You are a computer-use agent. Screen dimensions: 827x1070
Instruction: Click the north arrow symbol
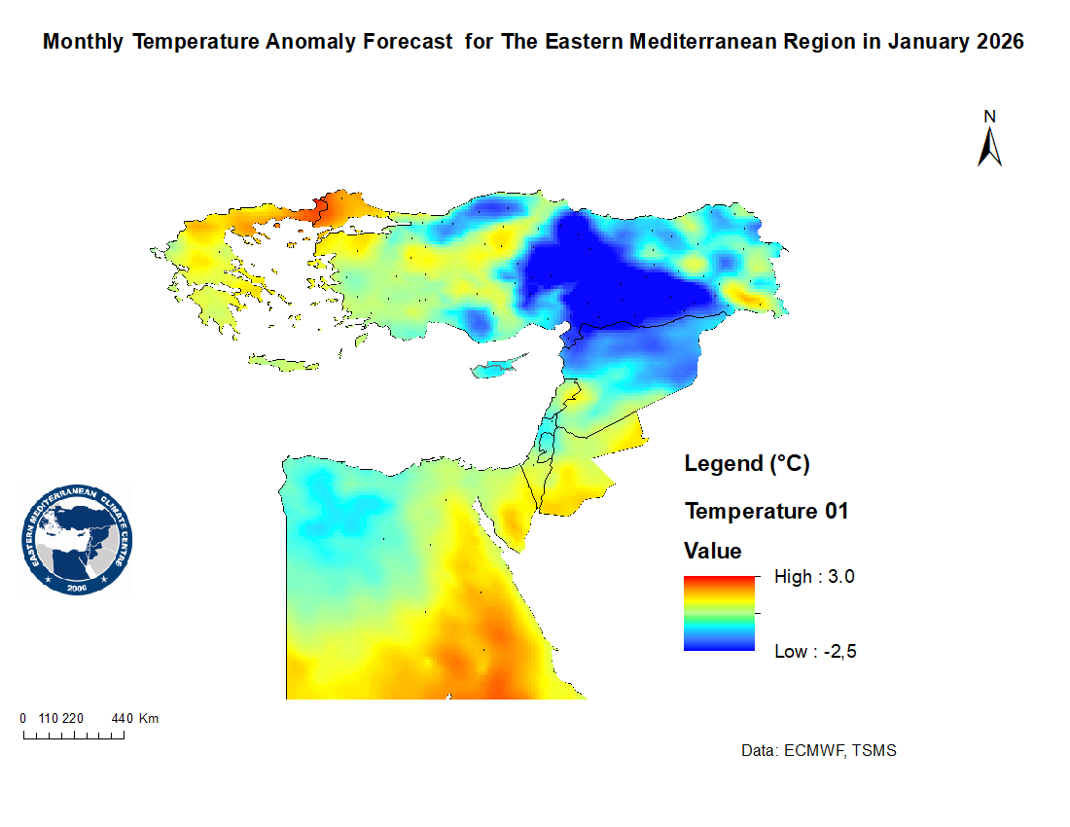(x=990, y=148)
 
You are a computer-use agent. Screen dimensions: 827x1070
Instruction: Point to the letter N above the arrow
(x=990, y=117)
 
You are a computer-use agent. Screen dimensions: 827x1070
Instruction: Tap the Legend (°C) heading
(x=747, y=463)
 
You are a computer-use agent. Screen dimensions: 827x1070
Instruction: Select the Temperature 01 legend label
(x=767, y=511)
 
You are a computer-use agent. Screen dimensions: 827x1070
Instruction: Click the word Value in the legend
(x=713, y=552)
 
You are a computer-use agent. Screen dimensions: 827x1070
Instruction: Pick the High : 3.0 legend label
(x=814, y=577)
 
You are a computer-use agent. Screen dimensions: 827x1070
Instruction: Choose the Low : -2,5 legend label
(x=815, y=651)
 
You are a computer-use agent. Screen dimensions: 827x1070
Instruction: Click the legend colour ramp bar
(x=720, y=613)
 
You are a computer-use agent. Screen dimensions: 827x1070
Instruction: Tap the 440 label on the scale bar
(x=122, y=719)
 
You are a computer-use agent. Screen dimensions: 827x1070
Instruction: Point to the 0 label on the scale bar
(x=23, y=719)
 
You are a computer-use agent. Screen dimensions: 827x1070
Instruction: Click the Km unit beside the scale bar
(x=149, y=719)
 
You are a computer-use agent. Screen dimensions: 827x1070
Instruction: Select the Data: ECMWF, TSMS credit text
(x=818, y=751)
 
